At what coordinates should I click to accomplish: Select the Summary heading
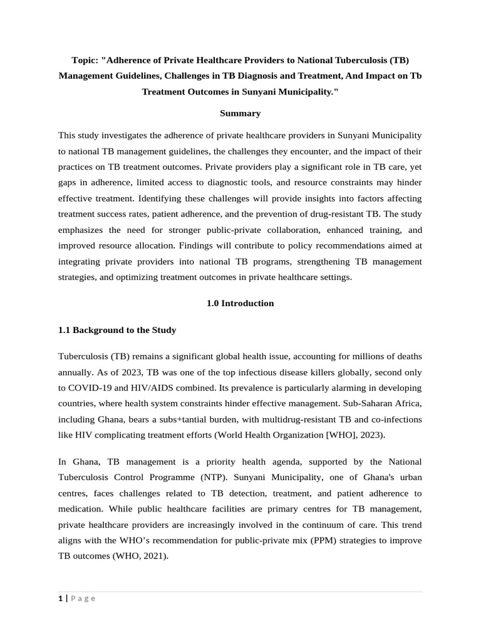240,113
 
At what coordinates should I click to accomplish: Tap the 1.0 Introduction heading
240,303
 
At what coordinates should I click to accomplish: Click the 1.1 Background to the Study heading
117,330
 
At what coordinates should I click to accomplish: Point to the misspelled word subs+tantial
192,419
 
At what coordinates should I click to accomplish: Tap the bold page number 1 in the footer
60,598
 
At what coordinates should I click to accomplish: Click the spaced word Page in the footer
83,598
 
